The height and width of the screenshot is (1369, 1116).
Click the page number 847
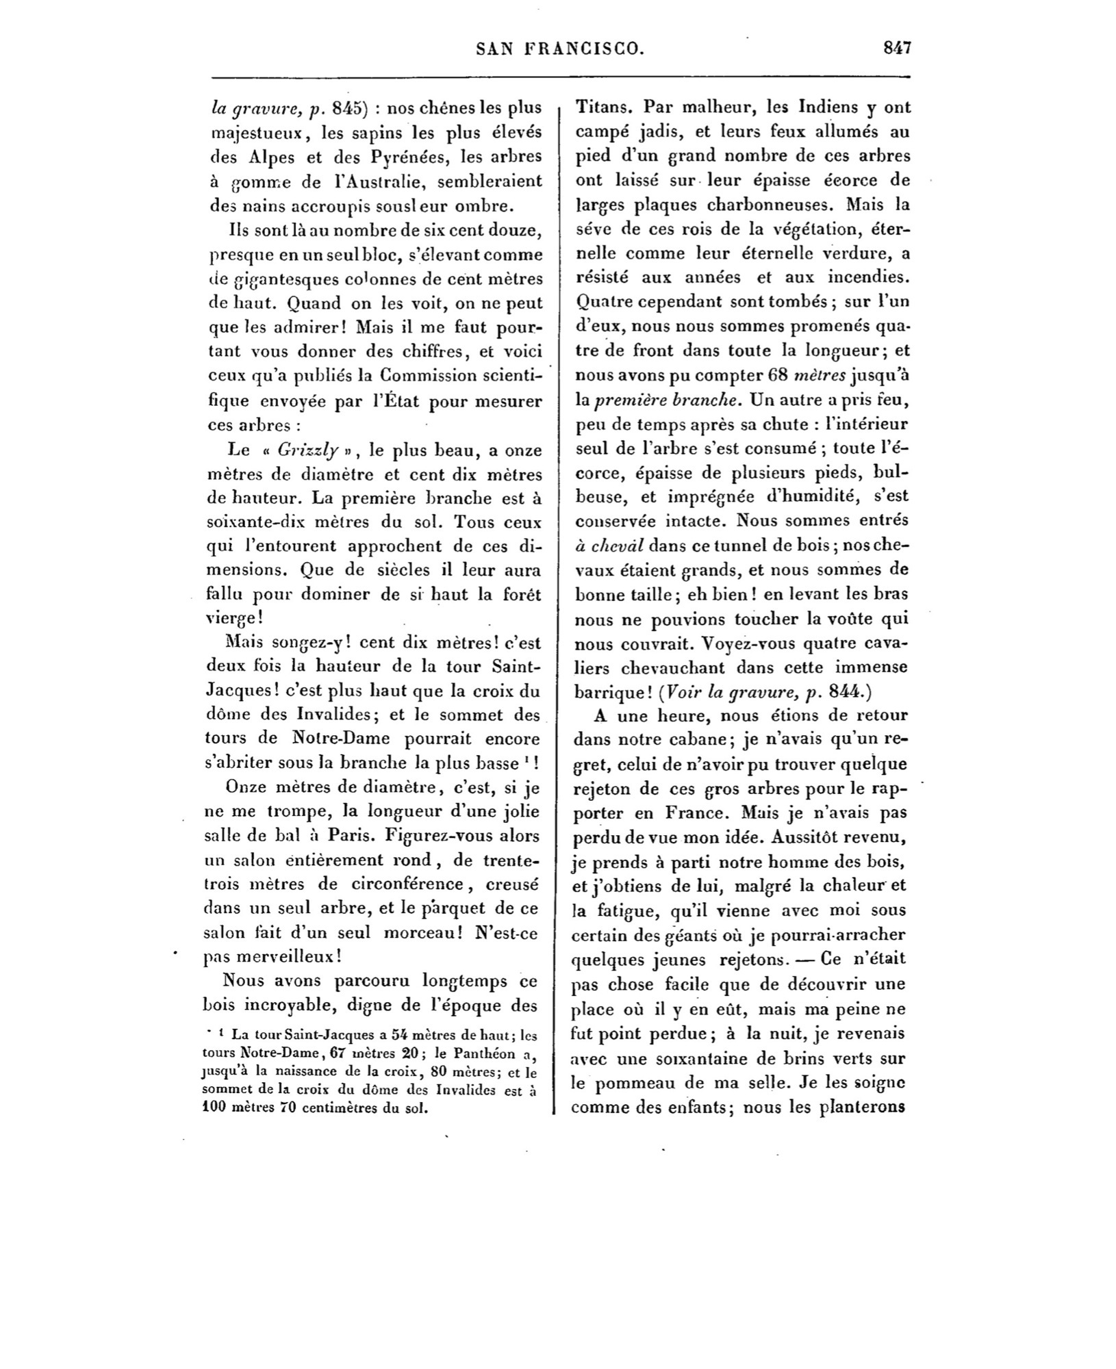[x=896, y=48]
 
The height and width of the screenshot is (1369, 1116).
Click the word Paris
[x=351, y=836]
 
